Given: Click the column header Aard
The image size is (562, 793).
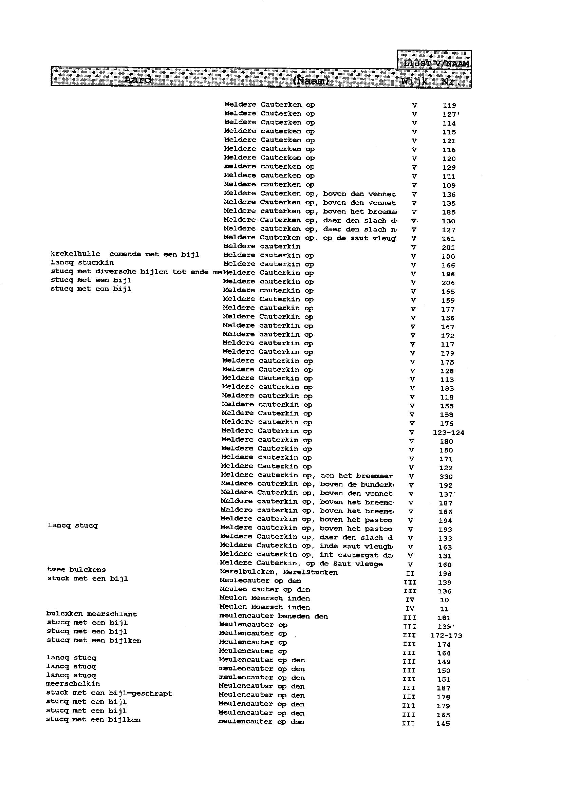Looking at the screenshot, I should tap(137, 80).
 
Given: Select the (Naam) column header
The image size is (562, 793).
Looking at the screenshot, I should tap(311, 81).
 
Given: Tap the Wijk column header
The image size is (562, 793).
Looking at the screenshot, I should tap(414, 82).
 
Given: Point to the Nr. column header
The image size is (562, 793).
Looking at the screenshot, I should tap(451, 82).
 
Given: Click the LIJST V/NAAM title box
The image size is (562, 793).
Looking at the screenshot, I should tap(436, 63).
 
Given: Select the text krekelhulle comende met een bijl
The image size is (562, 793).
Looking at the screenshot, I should tap(125, 254).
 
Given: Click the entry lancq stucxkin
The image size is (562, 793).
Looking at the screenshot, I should tap(82, 263).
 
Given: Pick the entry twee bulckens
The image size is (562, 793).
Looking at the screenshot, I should tap(76, 569).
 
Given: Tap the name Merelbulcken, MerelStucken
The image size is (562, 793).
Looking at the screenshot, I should tap(279, 572).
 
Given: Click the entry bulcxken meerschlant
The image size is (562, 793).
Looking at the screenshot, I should tap(92, 614).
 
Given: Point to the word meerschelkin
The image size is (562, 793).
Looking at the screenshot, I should tap(73, 684).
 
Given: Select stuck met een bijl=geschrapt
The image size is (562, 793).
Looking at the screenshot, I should tap(109, 693).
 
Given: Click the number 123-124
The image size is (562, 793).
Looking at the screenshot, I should tap(449, 433).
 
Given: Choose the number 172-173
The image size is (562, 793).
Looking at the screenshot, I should tap(446, 635).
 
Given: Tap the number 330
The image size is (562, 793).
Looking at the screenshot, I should tap(446, 477).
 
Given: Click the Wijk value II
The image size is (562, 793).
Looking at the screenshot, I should tap(410, 574).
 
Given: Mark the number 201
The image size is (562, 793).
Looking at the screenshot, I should tap(448, 247).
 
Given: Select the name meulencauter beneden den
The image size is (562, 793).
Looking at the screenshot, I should tap(274, 616).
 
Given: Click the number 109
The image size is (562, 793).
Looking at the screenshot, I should tap(449, 186).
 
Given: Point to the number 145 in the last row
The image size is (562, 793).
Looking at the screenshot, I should tap(443, 723).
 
